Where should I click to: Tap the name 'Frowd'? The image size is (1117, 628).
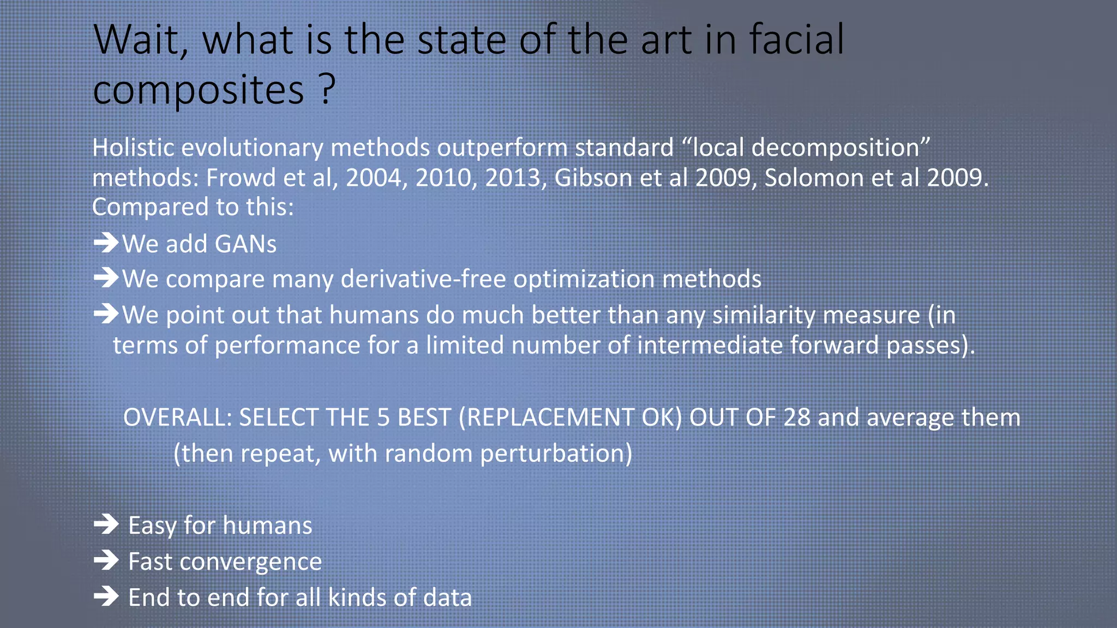tap(239, 178)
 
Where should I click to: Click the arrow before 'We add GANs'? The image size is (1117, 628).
tap(106, 243)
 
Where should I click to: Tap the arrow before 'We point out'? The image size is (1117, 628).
tap(106, 313)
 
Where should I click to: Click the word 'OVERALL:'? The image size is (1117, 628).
tap(178, 418)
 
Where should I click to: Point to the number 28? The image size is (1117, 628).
tap(796, 418)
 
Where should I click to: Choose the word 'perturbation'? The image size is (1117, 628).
tap(556, 454)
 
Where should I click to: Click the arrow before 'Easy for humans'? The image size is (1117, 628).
tap(106, 524)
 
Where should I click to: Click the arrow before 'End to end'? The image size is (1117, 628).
tap(106, 596)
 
